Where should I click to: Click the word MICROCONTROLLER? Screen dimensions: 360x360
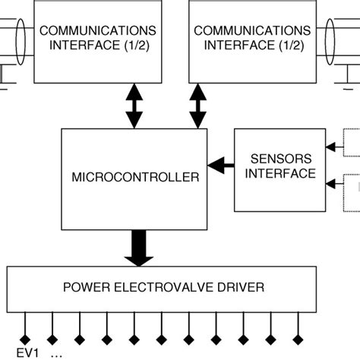coord(135,177)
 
